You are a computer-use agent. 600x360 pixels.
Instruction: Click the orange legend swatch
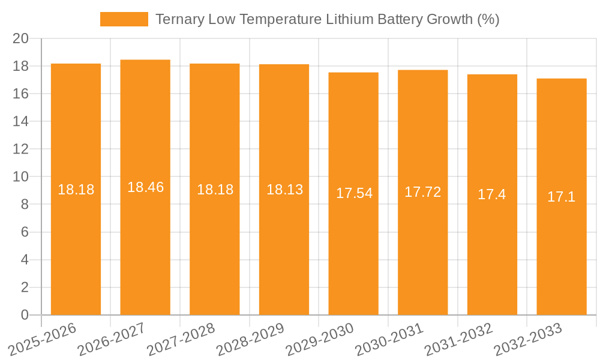pyautogui.click(x=124, y=19)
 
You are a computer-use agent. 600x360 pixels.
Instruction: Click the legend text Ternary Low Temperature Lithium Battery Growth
pyautogui.click(x=327, y=19)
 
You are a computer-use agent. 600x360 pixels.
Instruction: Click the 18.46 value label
pyautogui.click(x=145, y=187)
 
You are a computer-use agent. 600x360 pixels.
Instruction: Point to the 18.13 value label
pyautogui.click(x=284, y=190)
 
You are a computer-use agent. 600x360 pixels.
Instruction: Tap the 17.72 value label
pyautogui.click(x=422, y=192)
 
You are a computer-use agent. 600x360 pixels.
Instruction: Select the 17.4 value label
pyautogui.click(x=492, y=194)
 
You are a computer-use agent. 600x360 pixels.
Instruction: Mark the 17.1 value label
pyautogui.click(x=562, y=197)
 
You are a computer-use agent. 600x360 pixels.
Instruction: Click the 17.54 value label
pyautogui.click(x=354, y=193)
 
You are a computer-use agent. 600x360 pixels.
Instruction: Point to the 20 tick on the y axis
pyautogui.click(x=21, y=38)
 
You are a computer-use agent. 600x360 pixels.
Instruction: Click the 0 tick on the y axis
pyautogui.click(x=25, y=315)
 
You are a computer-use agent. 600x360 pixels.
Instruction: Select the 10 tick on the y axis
pyautogui.click(x=21, y=177)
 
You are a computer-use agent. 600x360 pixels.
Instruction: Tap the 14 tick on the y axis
pyautogui.click(x=21, y=121)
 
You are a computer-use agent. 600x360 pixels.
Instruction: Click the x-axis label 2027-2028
pyautogui.click(x=181, y=339)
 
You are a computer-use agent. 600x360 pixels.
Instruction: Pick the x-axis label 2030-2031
pyautogui.click(x=389, y=339)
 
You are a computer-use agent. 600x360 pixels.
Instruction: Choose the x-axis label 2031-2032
pyautogui.click(x=458, y=339)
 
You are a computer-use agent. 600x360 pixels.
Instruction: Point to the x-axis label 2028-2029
pyautogui.click(x=250, y=339)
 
